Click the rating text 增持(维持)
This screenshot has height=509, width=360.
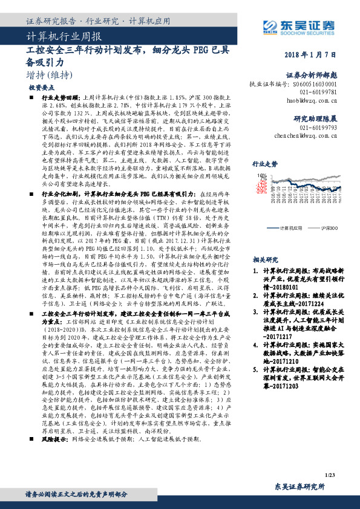coord(47,75)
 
